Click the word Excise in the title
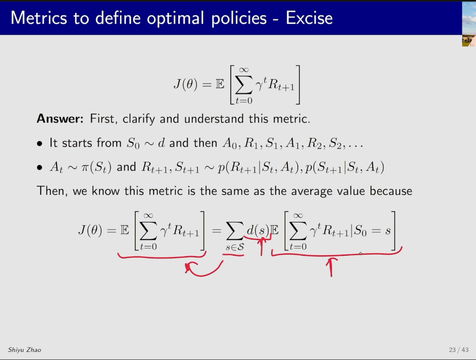(x=309, y=18)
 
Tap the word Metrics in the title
(x=39, y=18)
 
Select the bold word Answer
(x=60, y=119)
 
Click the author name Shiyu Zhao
(x=24, y=350)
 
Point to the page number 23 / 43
(x=459, y=350)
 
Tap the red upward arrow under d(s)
(x=261, y=246)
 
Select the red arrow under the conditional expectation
(x=331, y=267)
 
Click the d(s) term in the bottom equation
(x=258, y=231)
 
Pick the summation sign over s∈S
(x=235, y=231)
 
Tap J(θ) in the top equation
(x=185, y=84)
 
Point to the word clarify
(x=139, y=119)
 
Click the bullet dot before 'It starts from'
(x=40, y=143)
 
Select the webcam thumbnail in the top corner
(x=469, y=24)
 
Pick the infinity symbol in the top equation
(x=244, y=70)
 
